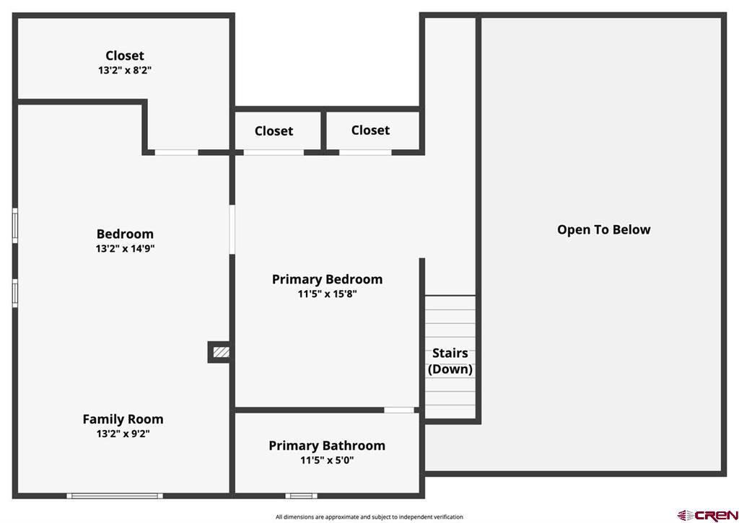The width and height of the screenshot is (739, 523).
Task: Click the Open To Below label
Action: pyautogui.click(x=604, y=229)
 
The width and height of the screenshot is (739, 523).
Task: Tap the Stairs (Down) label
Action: pyautogui.click(x=450, y=361)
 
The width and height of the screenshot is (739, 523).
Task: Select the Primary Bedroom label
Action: pyautogui.click(x=327, y=279)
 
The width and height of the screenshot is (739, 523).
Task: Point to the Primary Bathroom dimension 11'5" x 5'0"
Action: pyautogui.click(x=327, y=460)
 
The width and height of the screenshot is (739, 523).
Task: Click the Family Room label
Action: pyautogui.click(x=123, y=419)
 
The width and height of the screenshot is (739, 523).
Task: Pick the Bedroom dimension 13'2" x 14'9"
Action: pyautogui.click(x=125, y=248)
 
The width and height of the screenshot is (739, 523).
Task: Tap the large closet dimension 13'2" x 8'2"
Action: pyautogui.click(x=125, y=70)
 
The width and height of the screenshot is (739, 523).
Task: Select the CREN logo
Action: pyautogui.click(x=707, y=515)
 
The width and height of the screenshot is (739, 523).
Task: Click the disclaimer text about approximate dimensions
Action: pyautogui.click(x=369, y=517)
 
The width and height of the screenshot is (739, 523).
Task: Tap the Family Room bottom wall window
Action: pyautogui.click(x=115, y=496)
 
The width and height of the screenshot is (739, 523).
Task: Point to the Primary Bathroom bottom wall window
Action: pyautogui.click(x=301, y=496)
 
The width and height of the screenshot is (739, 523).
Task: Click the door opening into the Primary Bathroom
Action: pyautogui.click(x=399, y=410)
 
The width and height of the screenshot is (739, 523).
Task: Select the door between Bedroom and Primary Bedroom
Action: pyautogui.click(x=232, y=229)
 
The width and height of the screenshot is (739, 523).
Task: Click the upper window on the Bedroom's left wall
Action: pyautogui.click(x=15, y=226)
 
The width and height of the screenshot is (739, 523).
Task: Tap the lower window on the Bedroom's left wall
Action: pyautogui.click(x=15, y=293)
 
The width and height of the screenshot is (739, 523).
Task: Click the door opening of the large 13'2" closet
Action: pyautogui.click(x=176, y=152)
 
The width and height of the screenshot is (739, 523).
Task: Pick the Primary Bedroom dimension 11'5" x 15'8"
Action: pyautogui.click(x=327, y=294)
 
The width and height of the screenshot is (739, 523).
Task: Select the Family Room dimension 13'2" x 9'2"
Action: pyautogui.click(x=123, y=434)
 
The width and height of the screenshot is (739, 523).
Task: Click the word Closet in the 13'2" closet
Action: pyautogui.click(x=125, y=56)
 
